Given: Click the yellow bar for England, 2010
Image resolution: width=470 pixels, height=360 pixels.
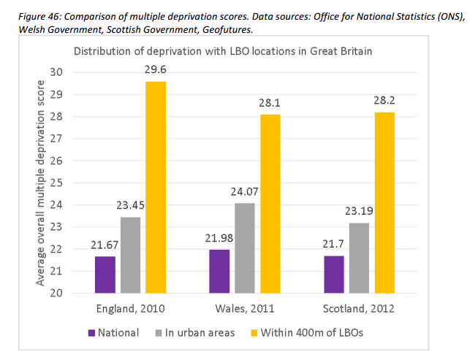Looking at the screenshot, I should click(155, 187).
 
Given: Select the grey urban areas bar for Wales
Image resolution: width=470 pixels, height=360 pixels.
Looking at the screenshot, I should click(245, 248).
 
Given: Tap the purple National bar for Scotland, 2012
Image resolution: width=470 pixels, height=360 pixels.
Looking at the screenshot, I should click(333, 274).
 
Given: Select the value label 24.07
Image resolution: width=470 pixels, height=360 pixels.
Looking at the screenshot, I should click(246, 193).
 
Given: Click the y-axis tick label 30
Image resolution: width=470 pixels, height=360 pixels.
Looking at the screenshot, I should click(56, 72).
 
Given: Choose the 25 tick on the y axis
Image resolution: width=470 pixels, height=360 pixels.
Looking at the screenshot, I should click(56, 183).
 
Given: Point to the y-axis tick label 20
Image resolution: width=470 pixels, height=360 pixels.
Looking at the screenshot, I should click(56, 293).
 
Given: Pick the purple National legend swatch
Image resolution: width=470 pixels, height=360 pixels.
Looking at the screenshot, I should click(92, 332).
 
